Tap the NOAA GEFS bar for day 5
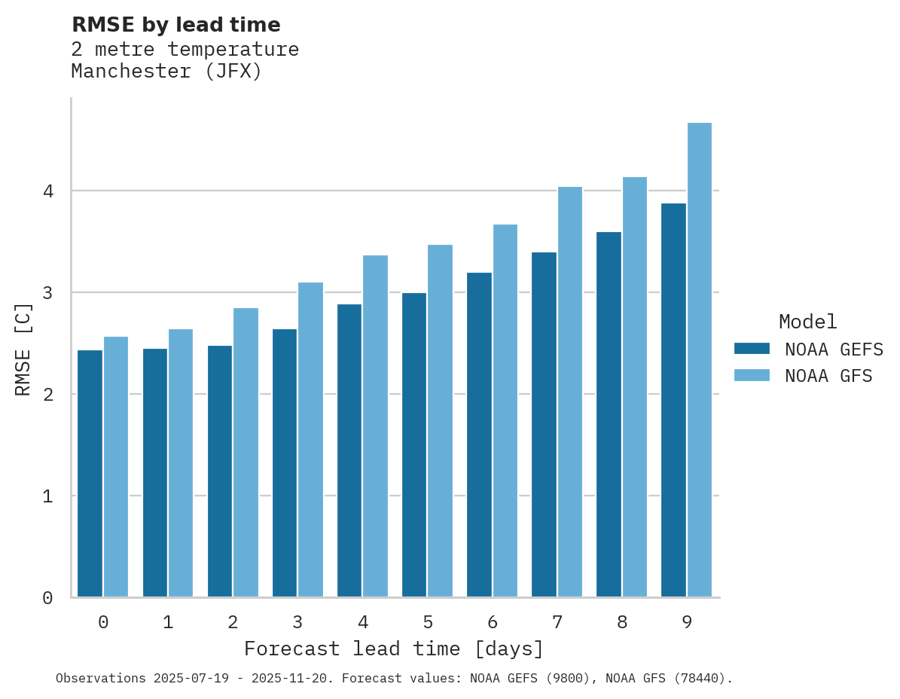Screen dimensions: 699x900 [x=414, y=444]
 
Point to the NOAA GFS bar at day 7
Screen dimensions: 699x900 [x=570, y=392]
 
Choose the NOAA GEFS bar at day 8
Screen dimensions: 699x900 [x=609, y=414]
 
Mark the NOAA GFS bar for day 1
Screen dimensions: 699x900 [x=181, y=462]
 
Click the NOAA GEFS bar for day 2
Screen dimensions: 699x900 [x=220, y=471]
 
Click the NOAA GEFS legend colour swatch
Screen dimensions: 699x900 [x=752, y=349]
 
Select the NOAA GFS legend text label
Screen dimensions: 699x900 [x=828, y=376]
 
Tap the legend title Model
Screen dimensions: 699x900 [x=807, y=322]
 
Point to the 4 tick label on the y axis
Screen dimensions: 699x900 [x=47, y=191]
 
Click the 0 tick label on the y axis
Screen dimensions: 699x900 [x=47, y=598]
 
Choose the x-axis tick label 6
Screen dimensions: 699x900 [x=493, y=623]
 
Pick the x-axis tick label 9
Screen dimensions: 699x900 [x=687, y=623]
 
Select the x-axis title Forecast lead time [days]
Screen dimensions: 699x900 [x=393, y=649]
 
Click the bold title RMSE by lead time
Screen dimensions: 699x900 [x=175, y=25]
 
